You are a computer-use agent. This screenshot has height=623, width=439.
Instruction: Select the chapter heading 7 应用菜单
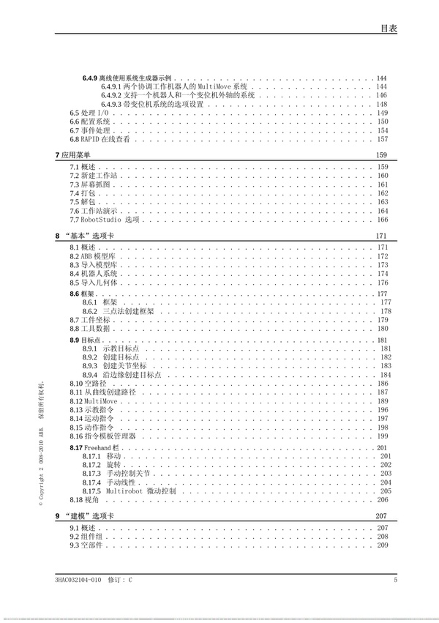tap(73, 155)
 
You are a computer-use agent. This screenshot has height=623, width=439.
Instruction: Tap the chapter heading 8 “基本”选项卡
tap(83, 236)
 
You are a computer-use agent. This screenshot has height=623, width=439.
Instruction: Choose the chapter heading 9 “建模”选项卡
tap(83, 516)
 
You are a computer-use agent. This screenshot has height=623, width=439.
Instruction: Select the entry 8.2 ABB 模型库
tap(91, 256)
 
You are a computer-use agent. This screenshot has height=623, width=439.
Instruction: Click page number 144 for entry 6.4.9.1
tap(381, 87)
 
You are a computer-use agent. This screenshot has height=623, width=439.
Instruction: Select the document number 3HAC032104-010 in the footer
tap(78, 581)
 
